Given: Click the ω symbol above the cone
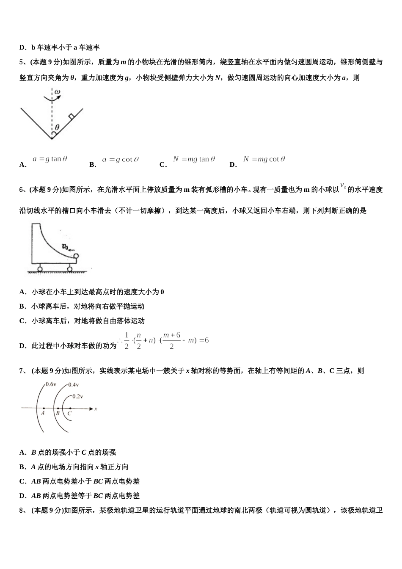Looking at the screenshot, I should [58, 92].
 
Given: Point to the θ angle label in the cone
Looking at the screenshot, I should [57, 127].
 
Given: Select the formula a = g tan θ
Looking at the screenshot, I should [50, 159].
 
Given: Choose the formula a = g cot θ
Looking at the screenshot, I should [121, 160].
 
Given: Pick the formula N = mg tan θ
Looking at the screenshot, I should [194, 159].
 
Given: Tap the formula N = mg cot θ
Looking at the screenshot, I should [264, 159].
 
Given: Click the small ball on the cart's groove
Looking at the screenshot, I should [76, 256].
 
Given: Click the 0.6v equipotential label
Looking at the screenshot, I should [51, 384].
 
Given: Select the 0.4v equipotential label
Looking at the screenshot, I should [73, 385].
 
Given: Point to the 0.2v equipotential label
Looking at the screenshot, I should [77, 396].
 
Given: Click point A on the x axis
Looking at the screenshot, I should [44, 409].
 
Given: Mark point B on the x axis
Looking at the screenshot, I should [58, 409].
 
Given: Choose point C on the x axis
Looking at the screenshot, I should [69, 409].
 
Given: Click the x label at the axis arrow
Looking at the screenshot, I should [96, 409].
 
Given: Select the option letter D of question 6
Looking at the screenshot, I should [22, 346].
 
